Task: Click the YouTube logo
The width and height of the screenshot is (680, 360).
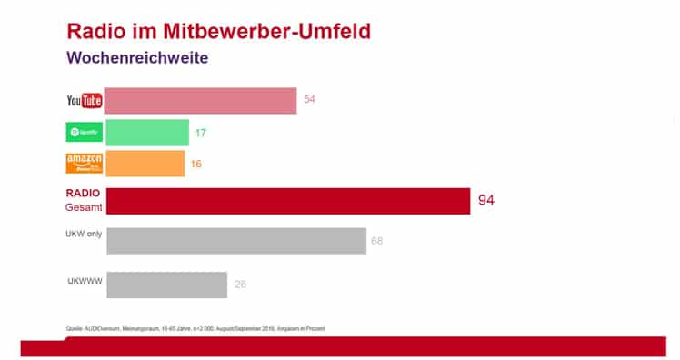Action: (x=85, y=100)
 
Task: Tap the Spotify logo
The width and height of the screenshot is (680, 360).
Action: (x=85, y=133)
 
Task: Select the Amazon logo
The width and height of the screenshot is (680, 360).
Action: (x=85, y=164)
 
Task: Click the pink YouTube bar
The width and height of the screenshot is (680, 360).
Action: (x=201, y=100)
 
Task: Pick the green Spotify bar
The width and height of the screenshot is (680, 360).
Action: (x=147, y=133)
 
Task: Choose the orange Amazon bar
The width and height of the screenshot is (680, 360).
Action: (x=145, y=164)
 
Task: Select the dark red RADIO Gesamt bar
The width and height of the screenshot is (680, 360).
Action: (x=288, y=201)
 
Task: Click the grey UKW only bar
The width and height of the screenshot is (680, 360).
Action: (x=236, y=241)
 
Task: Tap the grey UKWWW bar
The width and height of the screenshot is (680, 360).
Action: (x=166, y=284)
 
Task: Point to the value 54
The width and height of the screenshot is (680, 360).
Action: (x=310, y=98)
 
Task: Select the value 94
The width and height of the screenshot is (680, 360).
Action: (x=486, y=200)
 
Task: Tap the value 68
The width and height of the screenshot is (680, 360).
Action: (x=377, y=241)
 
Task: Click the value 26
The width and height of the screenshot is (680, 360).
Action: (x=241, y=285)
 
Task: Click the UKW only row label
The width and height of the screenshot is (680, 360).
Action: (x=84, y=234)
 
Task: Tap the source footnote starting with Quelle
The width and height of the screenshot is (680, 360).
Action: (x=195, y=327)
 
